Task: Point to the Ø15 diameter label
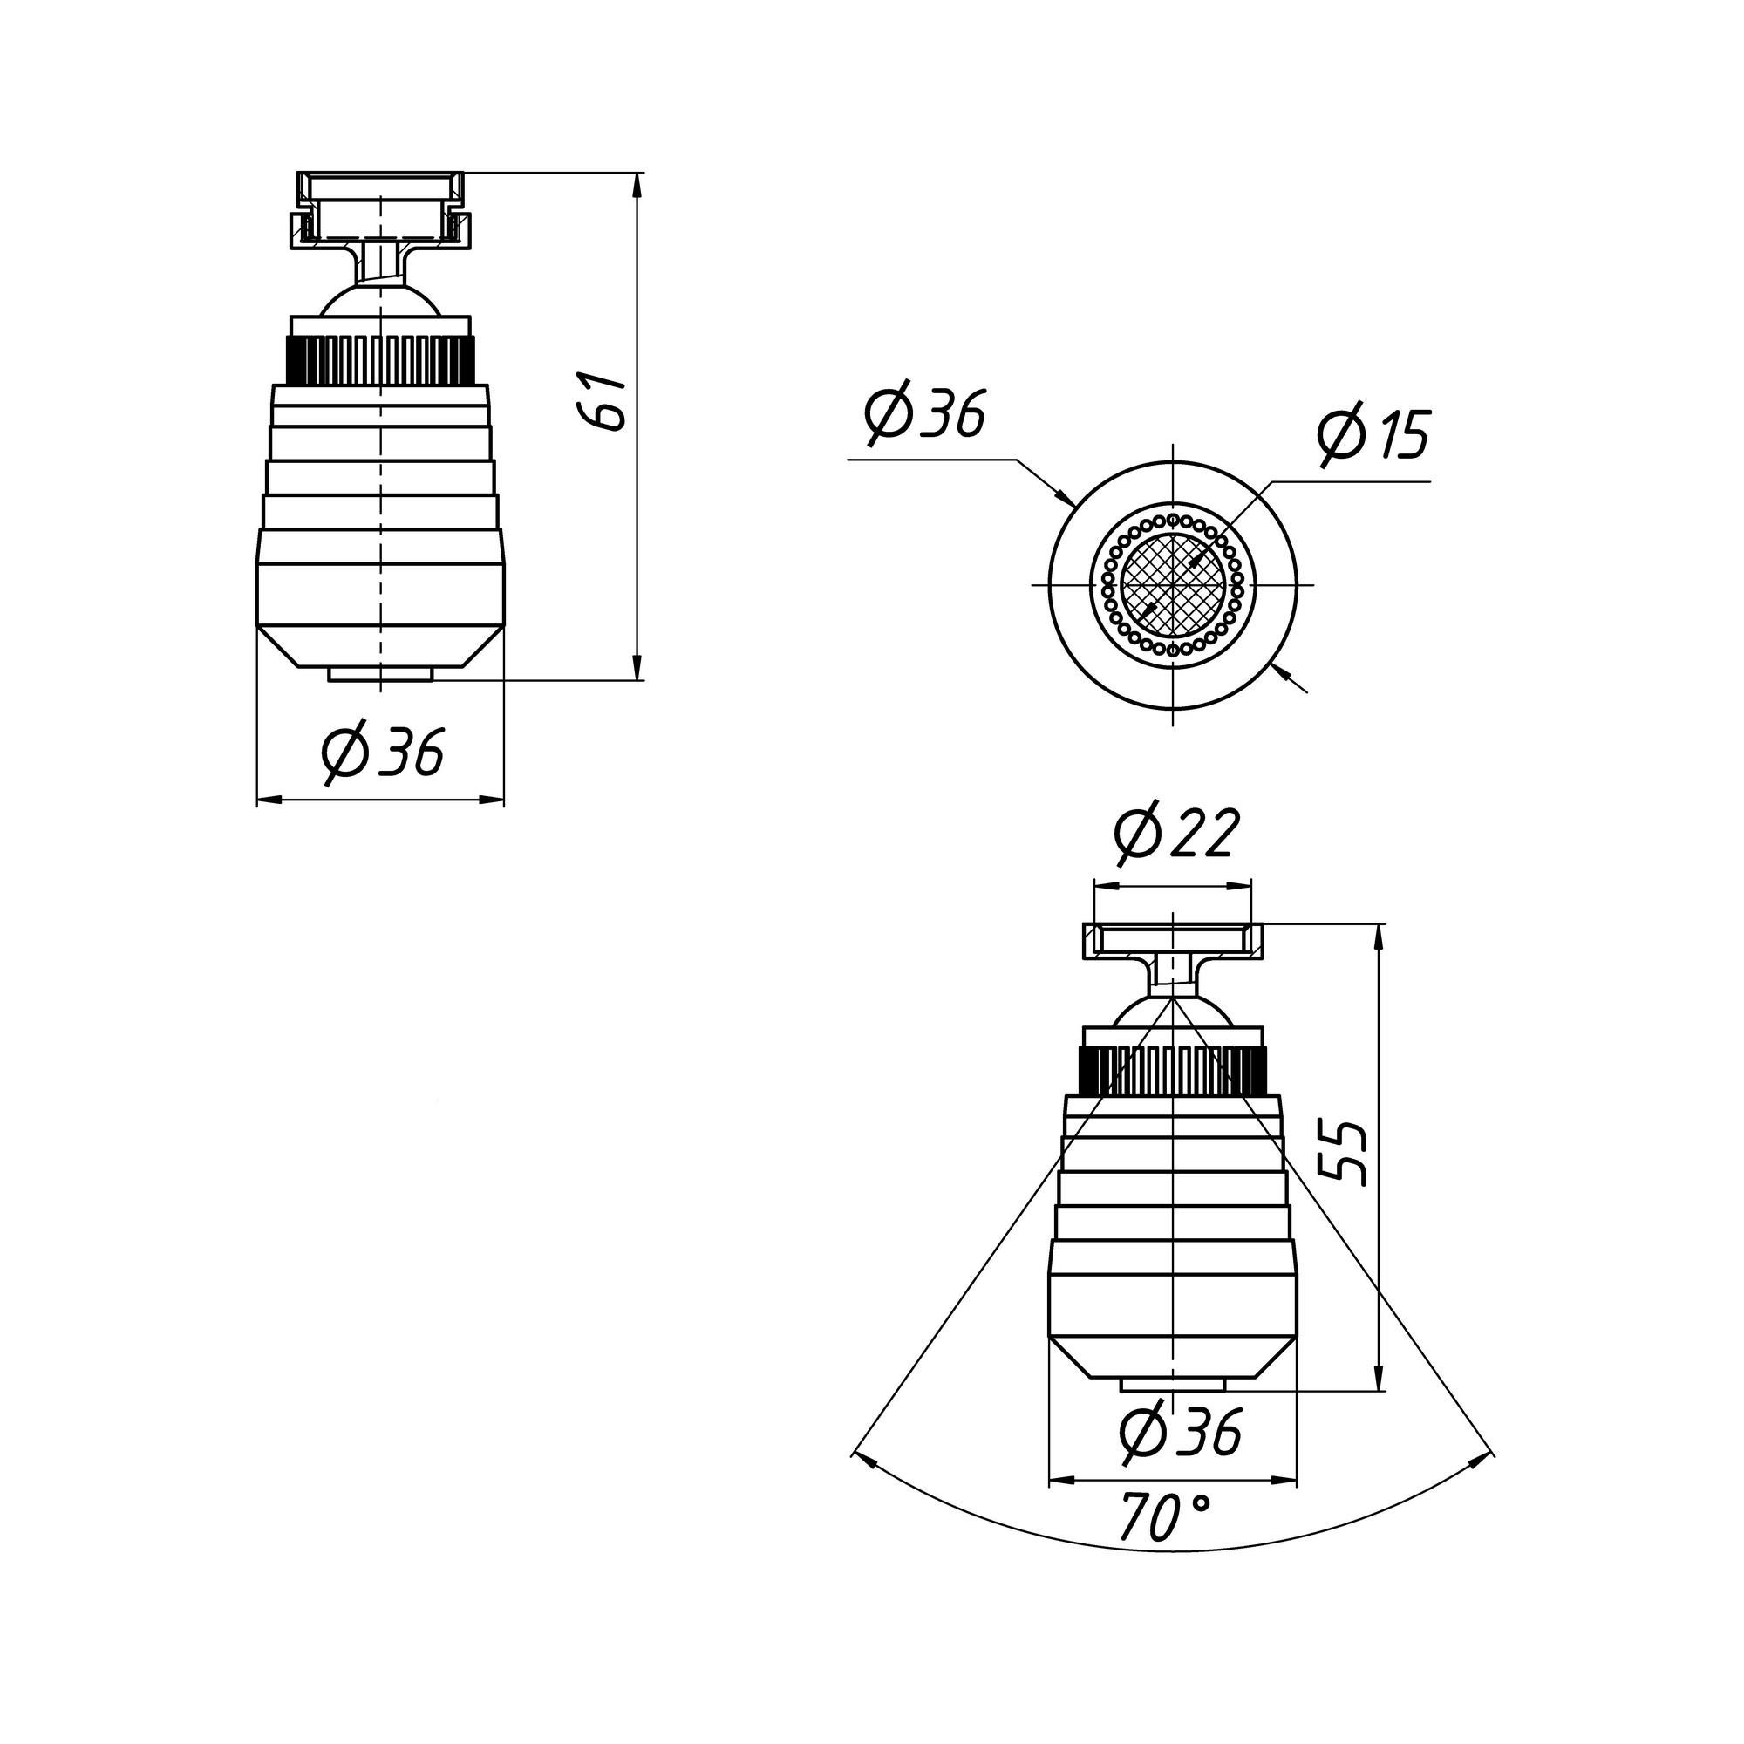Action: (1373, 436)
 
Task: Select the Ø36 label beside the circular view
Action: (923, 415)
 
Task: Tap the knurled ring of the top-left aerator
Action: (380, 359)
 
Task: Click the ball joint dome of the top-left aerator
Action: (381, 301)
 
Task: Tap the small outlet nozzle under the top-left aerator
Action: (380, 673)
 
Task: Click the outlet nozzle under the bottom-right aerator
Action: (1172, 1385)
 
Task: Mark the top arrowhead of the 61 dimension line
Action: (637, 186)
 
